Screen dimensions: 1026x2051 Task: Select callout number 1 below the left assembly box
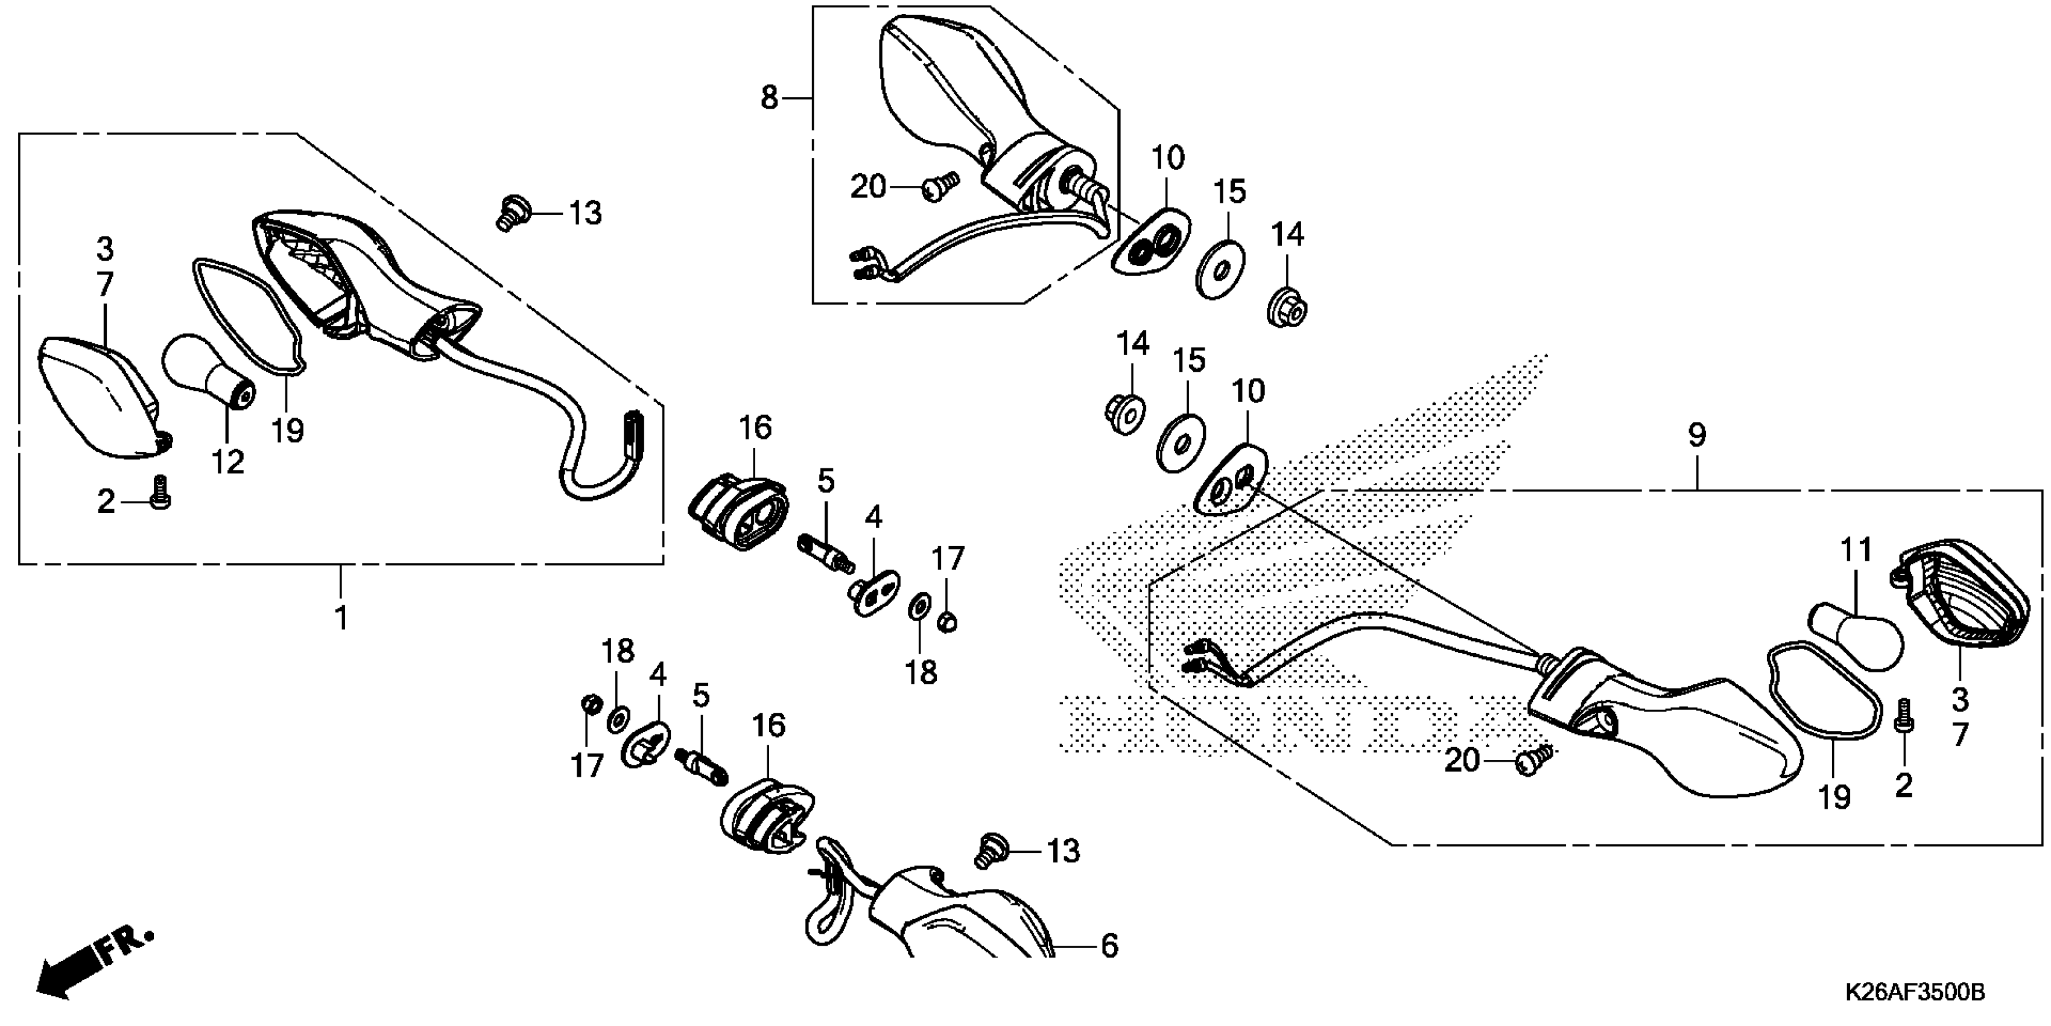click(x=341, y=617)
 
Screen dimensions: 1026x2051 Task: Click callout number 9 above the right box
click(x=1697, y=435)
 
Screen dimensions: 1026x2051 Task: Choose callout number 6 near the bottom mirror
click(x=1109, y=946)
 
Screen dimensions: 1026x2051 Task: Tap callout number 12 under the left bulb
click(x=227, y=461)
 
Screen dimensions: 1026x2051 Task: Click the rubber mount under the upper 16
click(x=740, y=512)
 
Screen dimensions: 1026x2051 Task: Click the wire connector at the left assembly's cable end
click(x=634, y=434)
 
